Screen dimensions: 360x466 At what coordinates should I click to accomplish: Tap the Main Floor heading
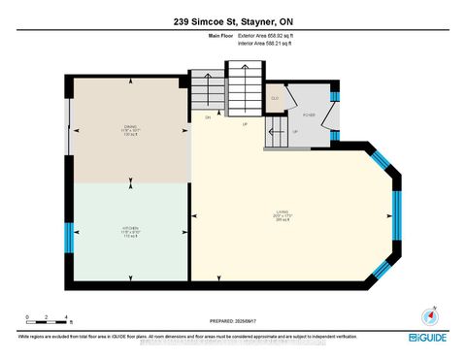tap(222, 35)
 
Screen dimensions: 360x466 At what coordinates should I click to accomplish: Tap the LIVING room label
tap(284, 217)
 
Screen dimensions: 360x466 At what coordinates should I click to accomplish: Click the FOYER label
tap(311, 114)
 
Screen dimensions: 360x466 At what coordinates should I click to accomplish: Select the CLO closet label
tap(275, 97)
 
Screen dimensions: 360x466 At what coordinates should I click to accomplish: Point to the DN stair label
tap(207, 117)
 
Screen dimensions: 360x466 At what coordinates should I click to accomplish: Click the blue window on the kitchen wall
tap(69, 236)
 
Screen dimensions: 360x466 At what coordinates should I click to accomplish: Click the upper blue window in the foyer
tap(334, 93)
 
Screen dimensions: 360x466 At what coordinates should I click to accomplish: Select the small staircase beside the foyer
tap(276, 136)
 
